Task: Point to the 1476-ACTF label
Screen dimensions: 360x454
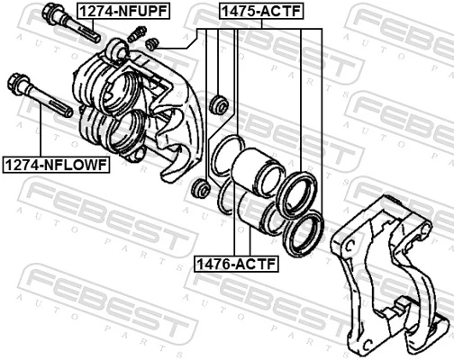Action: pyautogui.click(x=237, y=265)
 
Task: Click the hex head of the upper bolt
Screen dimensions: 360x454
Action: pyautogui.click(x=51, y=13)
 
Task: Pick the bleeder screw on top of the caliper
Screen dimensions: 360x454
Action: pyautogui.click(x=138, y=34)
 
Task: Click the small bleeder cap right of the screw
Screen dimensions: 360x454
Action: pyautogui.click(x=152, y=42)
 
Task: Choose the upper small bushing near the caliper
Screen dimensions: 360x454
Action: pyautogui.click(x=217, y=103)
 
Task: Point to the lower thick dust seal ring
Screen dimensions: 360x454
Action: pyautogui.click(x=301, y=234)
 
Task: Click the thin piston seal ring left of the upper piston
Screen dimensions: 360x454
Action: pyautogui.click(x=225, y=160)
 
